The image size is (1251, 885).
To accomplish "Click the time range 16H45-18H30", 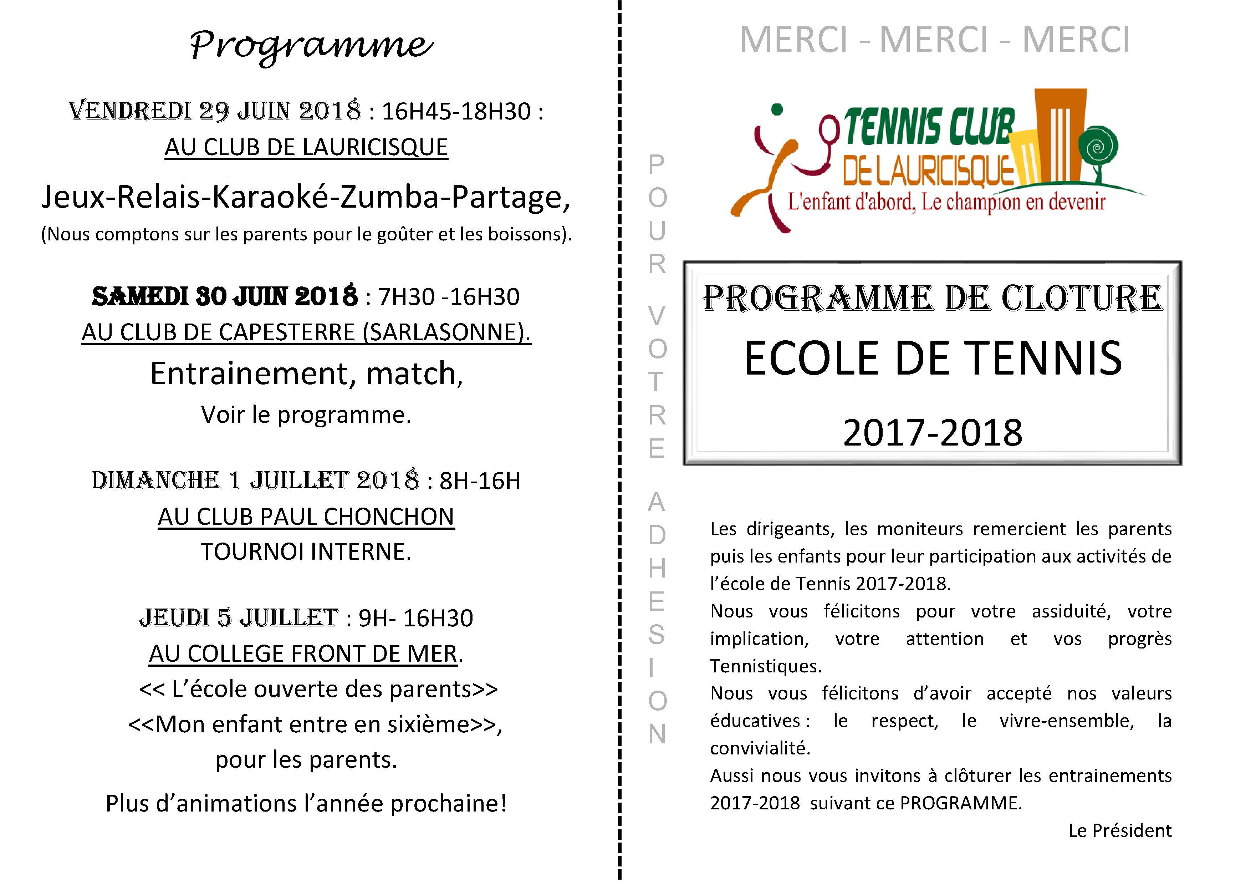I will tap(456, 112).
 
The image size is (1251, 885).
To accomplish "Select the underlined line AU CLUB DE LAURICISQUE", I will tap(306, 147).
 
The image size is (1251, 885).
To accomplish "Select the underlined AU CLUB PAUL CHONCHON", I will tap(306, 517).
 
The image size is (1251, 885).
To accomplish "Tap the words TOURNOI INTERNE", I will tap(306, 551).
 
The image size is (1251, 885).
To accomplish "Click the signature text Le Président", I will tap(1120, 830).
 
